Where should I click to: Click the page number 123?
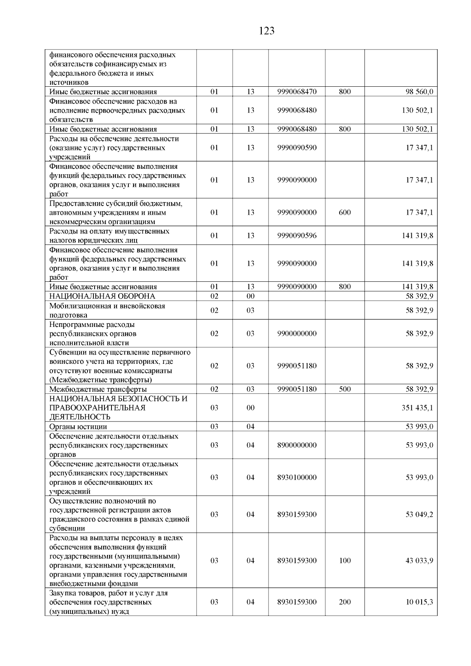(267, 31)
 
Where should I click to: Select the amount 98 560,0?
(419, 92)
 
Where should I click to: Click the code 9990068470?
(297, 92)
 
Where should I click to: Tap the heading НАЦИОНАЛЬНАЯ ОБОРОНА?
(102, 296)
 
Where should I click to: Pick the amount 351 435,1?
(417, 408)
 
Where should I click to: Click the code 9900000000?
(297, 334)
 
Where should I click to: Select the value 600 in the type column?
(345, 212)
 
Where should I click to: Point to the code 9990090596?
(297, 235)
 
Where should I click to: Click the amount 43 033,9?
(419, 560)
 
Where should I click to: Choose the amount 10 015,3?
(419, 602)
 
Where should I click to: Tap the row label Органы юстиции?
(78, 427)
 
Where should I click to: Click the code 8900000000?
(297, 445)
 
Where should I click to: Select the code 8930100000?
(297, 477)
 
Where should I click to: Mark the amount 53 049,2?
(419, 515)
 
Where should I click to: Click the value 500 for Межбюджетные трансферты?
(345, 389)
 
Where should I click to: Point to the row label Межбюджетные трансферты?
(98, 389)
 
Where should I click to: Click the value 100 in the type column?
(345, 560)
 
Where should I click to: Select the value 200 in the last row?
(345, 602)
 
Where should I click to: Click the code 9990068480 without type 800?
(297, 110)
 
